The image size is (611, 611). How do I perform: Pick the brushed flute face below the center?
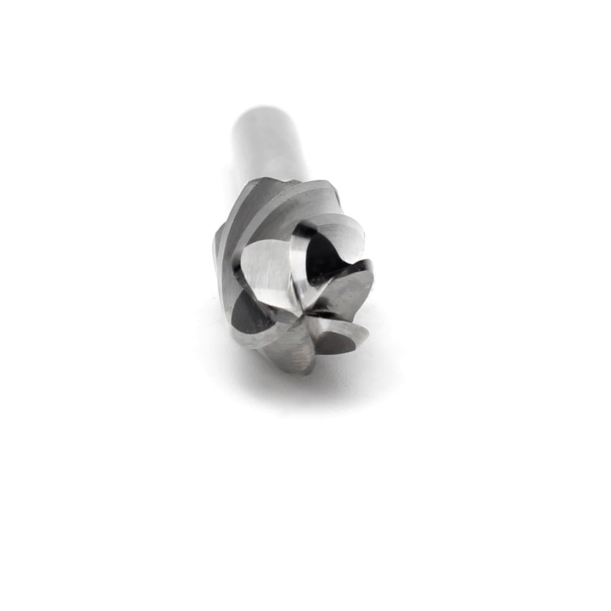297,352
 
